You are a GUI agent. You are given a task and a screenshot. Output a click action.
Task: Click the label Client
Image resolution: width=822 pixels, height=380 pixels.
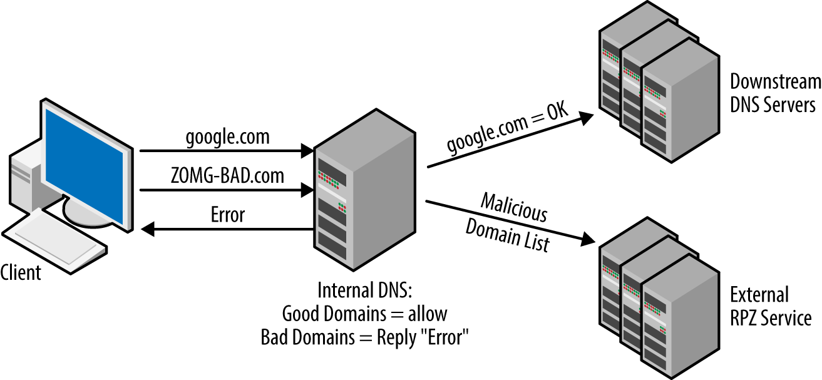(21, 273)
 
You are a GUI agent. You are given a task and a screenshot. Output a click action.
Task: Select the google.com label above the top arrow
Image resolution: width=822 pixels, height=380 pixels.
(227, 138)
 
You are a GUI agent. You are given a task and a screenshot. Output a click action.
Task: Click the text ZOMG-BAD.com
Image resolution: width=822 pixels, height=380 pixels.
(227, 176)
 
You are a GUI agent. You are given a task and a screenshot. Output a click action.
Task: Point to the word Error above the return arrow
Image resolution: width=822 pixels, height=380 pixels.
(227, 215)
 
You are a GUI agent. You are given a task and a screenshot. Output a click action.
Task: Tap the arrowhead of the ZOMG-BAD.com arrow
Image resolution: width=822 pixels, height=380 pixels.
(307, 188)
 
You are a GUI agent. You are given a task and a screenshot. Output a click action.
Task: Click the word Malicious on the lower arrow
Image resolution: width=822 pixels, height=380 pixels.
(513, 208)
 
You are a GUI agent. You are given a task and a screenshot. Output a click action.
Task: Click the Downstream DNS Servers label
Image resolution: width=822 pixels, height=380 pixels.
(775, 93)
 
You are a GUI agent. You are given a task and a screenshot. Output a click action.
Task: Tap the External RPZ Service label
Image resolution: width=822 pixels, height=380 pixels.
(770, 306)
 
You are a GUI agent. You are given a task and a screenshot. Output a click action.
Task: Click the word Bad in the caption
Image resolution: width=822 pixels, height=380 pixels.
(274, 337)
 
